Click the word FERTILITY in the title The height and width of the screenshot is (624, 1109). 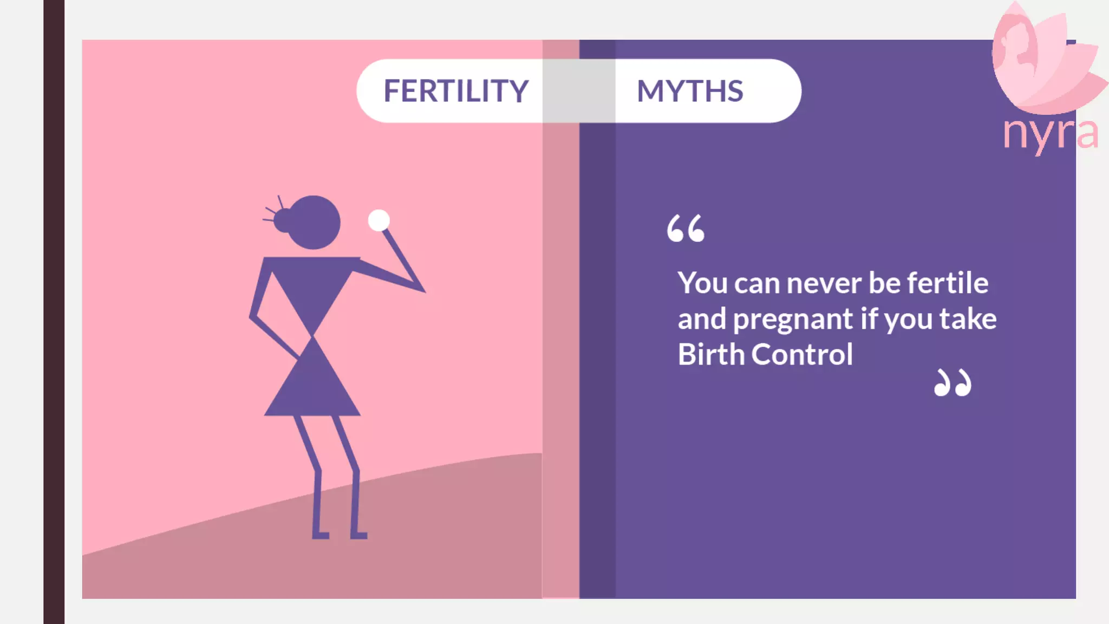[x=456, y=91]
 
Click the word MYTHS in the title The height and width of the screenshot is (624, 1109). [x=689, y=91]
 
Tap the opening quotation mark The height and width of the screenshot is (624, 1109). [x=686, y=228]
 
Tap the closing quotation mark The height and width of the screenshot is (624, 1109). [x=953, y=383]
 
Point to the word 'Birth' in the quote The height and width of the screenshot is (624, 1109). [x=711, y=355]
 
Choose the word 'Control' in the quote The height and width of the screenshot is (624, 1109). [x=802, y=355]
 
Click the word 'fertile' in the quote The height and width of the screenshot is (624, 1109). [x=947, y=283]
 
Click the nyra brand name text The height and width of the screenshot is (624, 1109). [x=1050, y=133]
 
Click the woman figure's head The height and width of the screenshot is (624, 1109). [x=315, y=222]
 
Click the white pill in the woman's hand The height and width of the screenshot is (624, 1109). [x=379, y=220]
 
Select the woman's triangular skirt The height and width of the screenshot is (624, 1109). [x=312, y=385]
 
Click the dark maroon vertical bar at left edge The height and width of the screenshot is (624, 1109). [x=54, y=312]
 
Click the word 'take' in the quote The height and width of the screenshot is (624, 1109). [x=968, y=318]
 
